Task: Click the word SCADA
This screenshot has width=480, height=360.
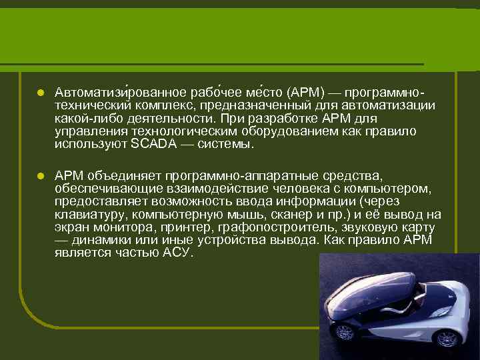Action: pyautogui.click(x=151, y=144)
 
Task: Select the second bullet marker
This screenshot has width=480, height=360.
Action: pyautogui.click(x=40, y=176)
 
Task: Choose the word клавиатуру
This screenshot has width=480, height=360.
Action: pyautogui.click(x=91, y=215)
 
